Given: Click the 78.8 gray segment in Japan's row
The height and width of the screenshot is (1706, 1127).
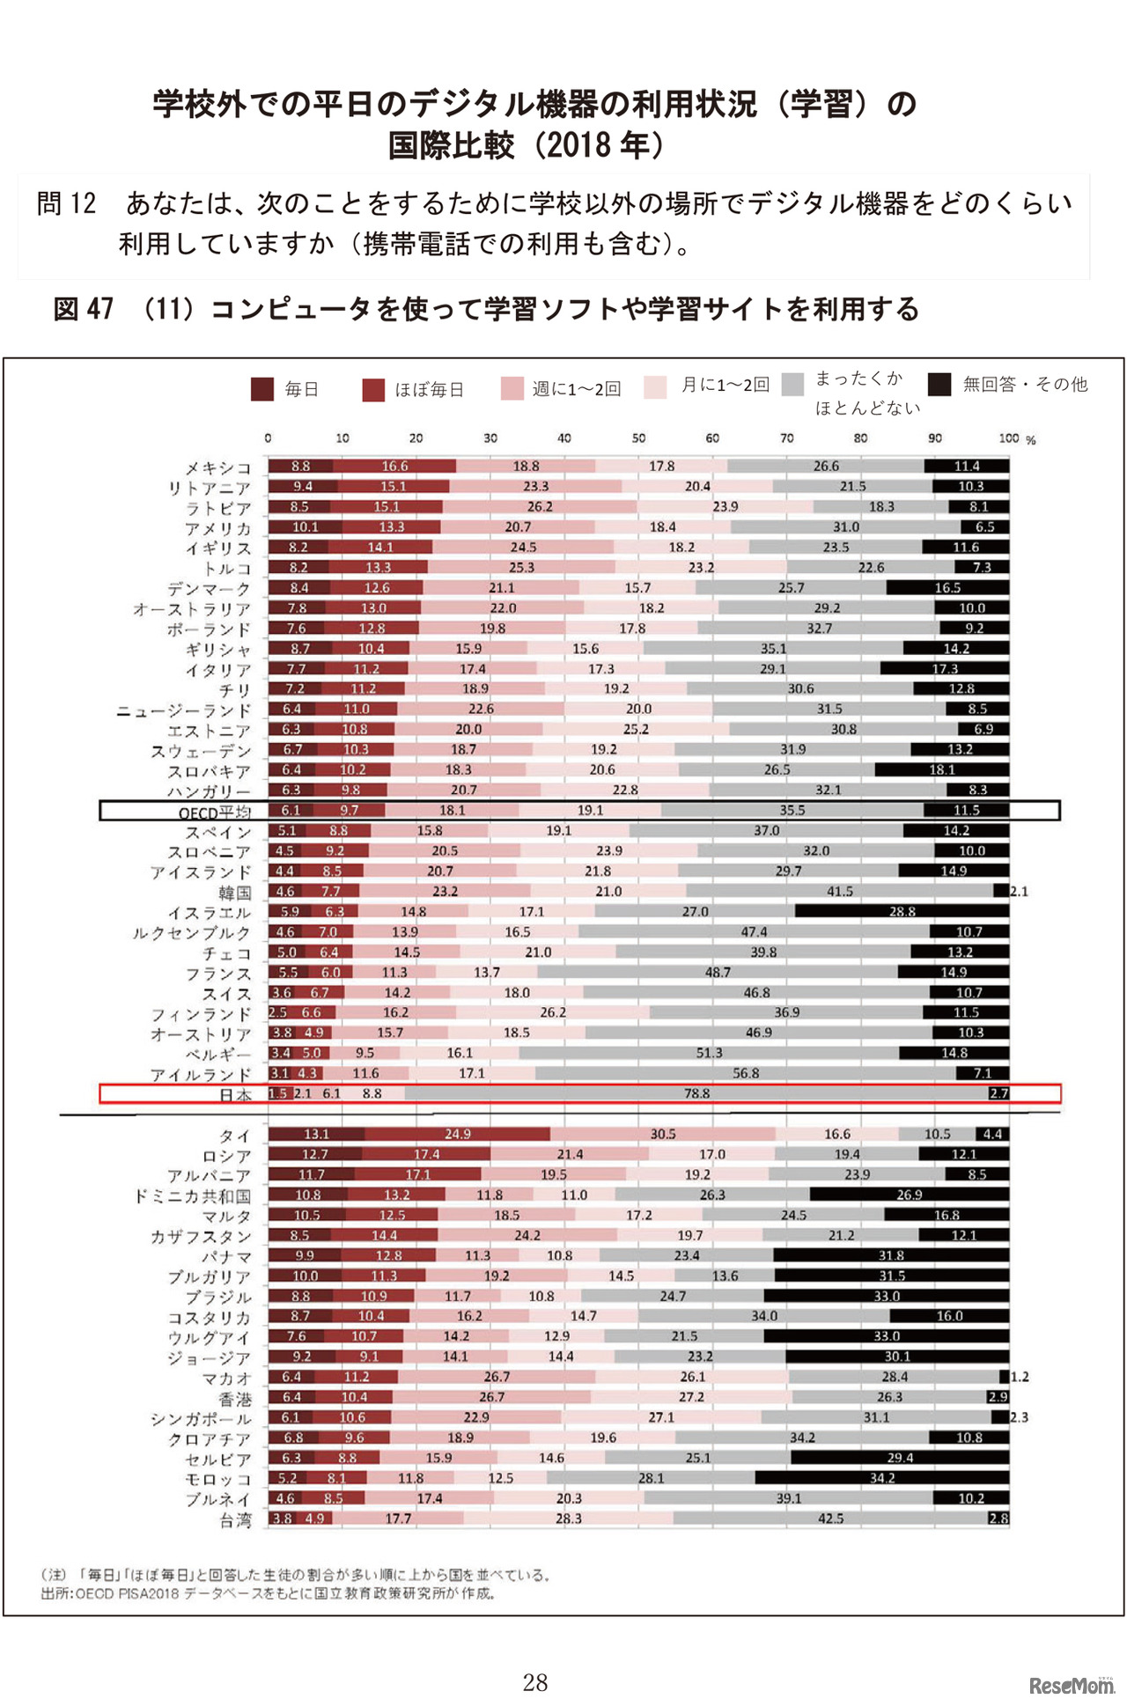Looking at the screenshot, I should tap(696, 1093).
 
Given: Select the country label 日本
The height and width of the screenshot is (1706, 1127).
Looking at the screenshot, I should tap(235, 1095).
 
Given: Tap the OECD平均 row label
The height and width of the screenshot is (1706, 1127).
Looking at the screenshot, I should tap(215, 812).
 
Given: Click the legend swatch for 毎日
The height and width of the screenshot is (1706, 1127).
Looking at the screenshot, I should tap(262, 389).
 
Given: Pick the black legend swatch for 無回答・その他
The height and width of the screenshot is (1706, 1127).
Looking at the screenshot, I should tap(939, 384).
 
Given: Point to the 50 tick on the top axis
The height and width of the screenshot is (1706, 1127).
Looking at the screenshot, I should tap(638, 438).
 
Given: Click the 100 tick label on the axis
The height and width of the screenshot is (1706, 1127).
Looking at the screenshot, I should tap(1009, 438).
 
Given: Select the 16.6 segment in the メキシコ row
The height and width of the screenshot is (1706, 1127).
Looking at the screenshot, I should tap(394, 467).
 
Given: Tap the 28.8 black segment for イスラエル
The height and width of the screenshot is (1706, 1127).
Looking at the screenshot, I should tap(902, 912).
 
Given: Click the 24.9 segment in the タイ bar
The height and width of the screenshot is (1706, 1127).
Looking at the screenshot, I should tap(457, 1134).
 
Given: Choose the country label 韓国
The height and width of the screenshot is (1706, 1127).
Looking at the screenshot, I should tap(235, 893).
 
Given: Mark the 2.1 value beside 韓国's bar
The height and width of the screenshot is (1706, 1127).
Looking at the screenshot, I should tap(1019, 892).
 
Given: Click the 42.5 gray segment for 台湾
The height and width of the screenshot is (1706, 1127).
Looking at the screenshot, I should tap(830, 1518).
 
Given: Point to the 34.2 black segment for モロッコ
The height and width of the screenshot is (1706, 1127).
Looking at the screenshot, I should tap(881, 1478).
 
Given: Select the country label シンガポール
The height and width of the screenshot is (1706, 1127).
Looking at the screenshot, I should tap(201, 1419).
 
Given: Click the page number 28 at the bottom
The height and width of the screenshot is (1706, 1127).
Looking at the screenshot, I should tap(534, 1682).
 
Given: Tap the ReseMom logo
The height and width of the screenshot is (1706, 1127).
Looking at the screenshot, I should tap(1071, 1685).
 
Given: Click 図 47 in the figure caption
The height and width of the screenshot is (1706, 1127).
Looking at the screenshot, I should tap(84, 309).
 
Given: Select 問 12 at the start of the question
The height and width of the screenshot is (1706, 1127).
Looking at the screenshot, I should tap(66, 204).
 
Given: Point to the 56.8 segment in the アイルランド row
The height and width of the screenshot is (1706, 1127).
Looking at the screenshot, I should tap(746, 1073).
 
